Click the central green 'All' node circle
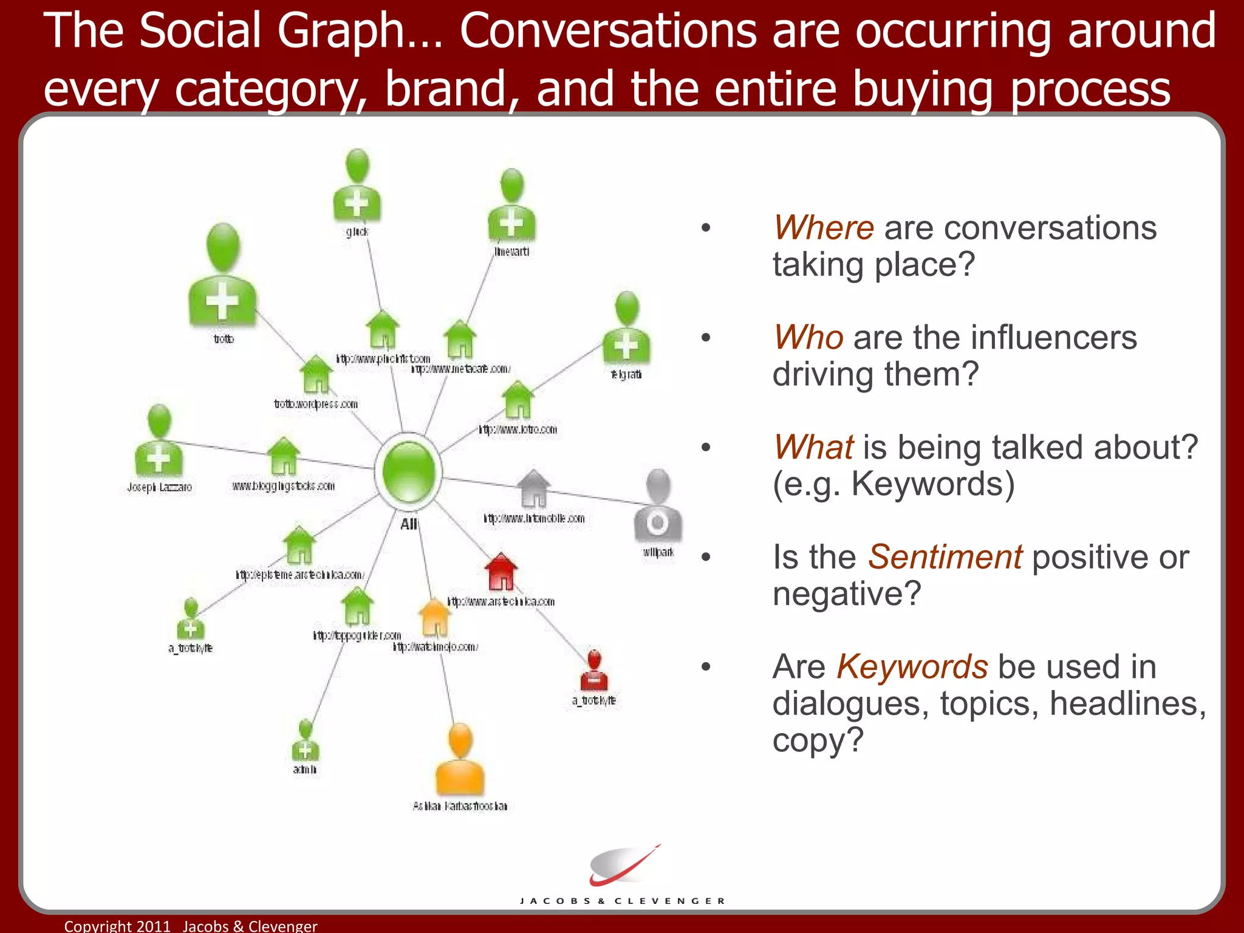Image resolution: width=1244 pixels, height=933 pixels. point(408,471)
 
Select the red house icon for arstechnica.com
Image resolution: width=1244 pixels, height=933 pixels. point(501,572)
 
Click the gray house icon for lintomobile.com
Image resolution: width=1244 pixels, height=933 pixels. point(533,488)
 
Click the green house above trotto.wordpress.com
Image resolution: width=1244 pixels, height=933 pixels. point(316,374)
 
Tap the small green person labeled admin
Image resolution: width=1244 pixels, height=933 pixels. point(305,740)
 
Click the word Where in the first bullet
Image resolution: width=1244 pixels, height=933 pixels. point(823,228)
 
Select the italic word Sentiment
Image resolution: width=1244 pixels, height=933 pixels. point(945,557)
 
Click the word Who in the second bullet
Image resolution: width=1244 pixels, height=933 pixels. point(808,338)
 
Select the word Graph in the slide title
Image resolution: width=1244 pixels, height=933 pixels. point(340,32)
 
